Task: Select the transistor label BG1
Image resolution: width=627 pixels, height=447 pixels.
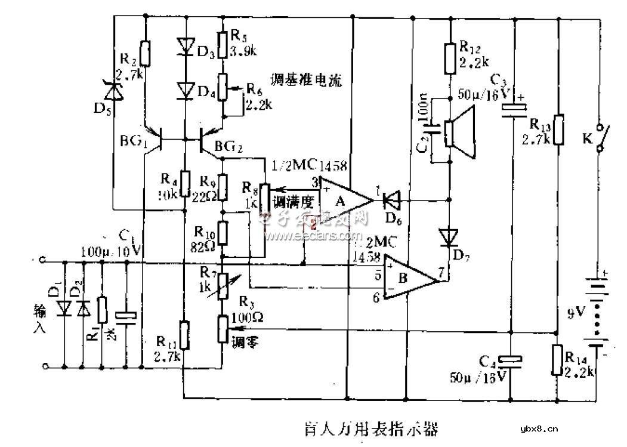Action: click(x=133, y=143)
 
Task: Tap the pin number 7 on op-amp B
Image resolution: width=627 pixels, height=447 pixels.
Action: click(x=440, y=273)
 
